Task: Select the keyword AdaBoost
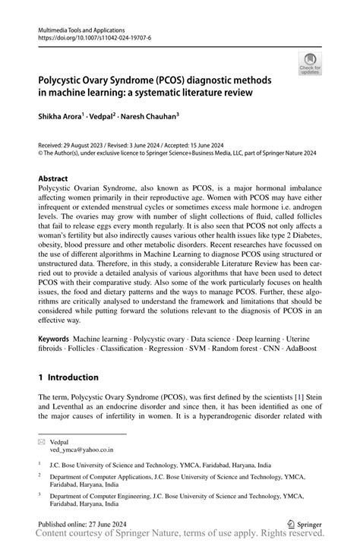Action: click(300, 349)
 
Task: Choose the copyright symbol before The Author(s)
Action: click(41, 153)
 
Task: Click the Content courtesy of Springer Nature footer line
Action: click(180, 537)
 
